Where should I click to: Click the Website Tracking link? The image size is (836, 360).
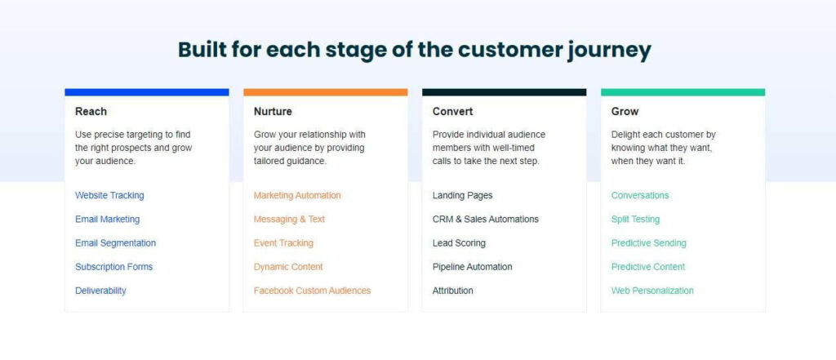click(x=109, y=195)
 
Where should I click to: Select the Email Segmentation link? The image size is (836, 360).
click(x=115, y=243)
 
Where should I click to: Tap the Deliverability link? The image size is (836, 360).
click(x=100, y=291)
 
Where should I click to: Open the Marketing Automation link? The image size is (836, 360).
click(x=297, y=195)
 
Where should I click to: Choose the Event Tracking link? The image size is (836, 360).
click(x=283, y=243)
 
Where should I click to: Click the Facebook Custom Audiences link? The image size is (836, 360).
click(x=312, y=291)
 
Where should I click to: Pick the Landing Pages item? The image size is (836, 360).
click(x=462, y=195)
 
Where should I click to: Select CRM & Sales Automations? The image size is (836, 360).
click(x=485, y=220)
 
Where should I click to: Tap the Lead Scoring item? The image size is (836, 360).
click(x=459, y=243)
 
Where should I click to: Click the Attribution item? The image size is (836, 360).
click(x=452, y=291)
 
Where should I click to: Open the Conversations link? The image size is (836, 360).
click(x=640, y=195)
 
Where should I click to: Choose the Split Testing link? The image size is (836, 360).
click(x=635, y=220)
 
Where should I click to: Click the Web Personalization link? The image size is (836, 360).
click(x=652, y=291)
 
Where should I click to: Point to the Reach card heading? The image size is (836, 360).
click(x=91, y=112)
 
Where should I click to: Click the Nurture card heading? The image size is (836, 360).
click(x=273, y=112)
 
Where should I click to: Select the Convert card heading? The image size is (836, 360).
click(x=452, y=112)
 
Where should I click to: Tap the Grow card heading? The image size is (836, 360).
click(x=625, y=112)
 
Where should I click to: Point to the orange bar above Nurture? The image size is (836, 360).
click(x=325, y=92)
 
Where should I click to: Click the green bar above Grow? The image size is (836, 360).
click(x=683, y=92)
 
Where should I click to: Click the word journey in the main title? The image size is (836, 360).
click(x=608, y=50)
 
